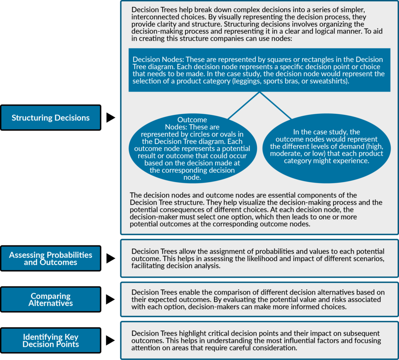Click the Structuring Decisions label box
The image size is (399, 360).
coord(51,118)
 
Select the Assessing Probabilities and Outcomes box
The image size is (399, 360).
coord(51,258)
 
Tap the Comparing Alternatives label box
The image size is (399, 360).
coord(51,300)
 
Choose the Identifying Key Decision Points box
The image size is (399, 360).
coord(51,341)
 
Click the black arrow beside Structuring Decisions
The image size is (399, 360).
coord(111,118)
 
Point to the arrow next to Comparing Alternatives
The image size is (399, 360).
coord(111,300)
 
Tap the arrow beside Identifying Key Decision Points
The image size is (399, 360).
coord(111,341)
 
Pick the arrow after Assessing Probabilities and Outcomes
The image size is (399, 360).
coord(111,258)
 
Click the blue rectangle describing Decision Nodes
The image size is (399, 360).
coord(259,70)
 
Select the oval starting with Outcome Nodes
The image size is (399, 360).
coord(192,148)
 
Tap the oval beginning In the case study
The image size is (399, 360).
coord(327,148)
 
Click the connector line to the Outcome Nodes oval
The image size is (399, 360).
coord(244,106)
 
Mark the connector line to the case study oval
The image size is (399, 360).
coord(275,106)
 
